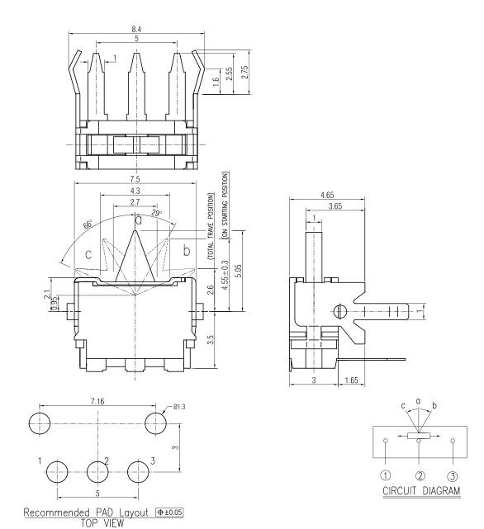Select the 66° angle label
[88, 224]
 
